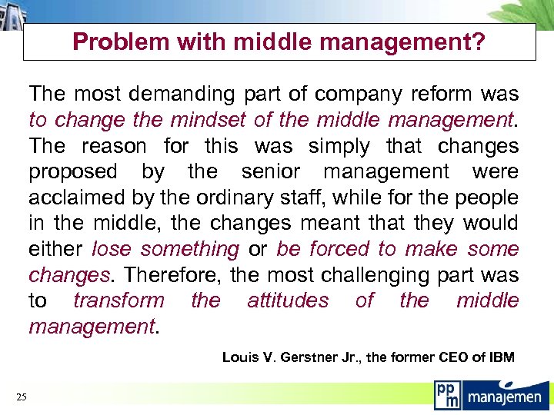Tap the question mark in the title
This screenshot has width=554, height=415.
click(479, 42)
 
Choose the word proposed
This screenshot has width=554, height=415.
click(73, 172)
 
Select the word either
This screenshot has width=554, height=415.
click(55, 249)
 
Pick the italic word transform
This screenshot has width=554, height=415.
click(118, 300)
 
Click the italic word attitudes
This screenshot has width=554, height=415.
click(288, 300)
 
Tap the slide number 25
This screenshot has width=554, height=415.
click(21, 397)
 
